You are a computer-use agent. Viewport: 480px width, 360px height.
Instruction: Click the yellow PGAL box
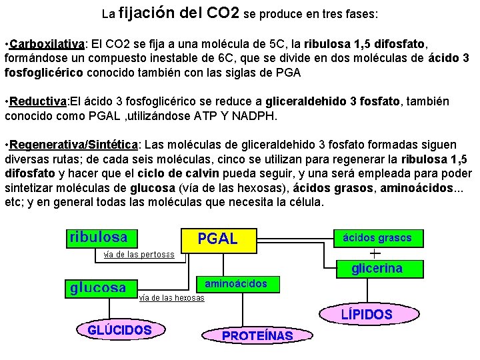[x=218, y=239]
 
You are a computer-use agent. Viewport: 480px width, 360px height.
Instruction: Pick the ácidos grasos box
[x=377, y=237]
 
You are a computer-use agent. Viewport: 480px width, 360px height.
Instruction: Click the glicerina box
[x=377, y=269]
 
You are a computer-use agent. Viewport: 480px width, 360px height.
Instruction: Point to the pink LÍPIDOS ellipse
[x=367, y=314]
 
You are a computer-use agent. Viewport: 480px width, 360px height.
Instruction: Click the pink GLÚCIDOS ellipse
[x=120, y=329]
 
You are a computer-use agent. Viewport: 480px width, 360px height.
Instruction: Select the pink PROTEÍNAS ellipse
[x=257, y=336]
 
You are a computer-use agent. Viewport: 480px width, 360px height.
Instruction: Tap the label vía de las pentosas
[x=139, y=254]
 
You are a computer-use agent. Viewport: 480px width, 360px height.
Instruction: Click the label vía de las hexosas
[x=171, y=298]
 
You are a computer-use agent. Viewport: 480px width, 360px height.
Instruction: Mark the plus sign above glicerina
[x=375, y=253]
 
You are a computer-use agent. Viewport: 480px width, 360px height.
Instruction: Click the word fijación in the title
[x=147, y=13]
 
